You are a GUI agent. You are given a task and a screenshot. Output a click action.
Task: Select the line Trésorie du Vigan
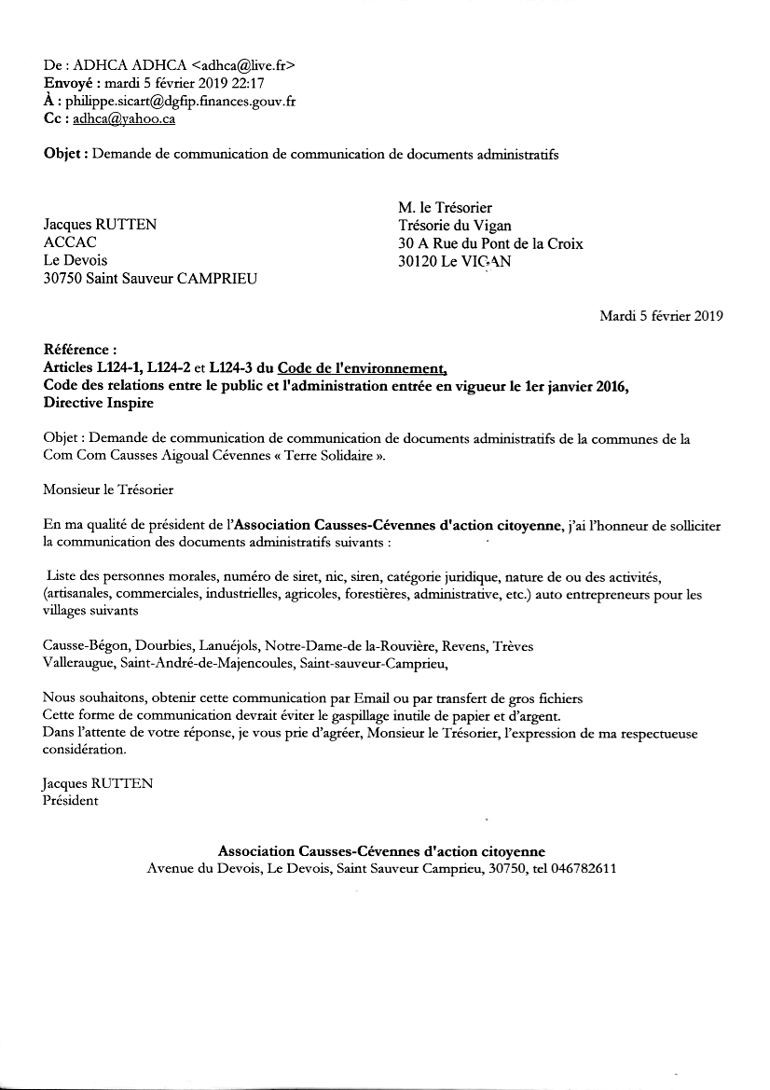(454, 225)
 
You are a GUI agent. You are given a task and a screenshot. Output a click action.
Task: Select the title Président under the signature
(70, 801)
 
